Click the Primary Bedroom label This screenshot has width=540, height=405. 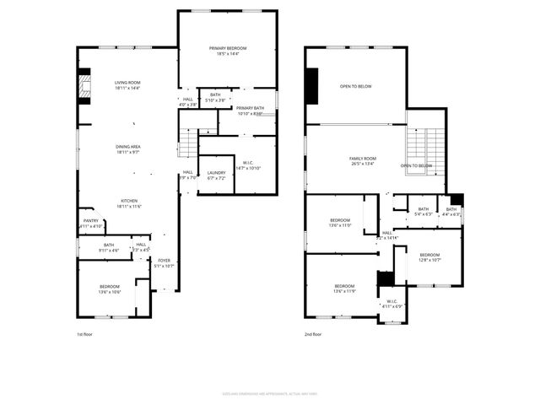click(227, 51)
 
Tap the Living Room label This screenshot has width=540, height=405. click(128, 84)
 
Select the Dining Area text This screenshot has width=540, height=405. click(128, 149)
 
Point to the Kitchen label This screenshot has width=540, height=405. click(128, 203)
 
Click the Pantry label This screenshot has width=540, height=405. click(91, 224)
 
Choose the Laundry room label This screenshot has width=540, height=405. click(216, 175)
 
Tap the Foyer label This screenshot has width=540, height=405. click(165, 263)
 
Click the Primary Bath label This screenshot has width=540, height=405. click(250, 110)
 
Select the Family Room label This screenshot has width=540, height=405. click(363, 161)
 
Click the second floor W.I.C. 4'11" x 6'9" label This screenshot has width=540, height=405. click(391, 303)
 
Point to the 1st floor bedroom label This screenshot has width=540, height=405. click(109, 289)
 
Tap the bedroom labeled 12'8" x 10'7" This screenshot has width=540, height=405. click(429, 257)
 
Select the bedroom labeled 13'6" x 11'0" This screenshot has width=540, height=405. click(345, 223)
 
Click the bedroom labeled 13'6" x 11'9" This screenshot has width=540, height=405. click(345, 289)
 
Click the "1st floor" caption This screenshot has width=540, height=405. click(85, 334)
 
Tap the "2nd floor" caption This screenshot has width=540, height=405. click(314, 334)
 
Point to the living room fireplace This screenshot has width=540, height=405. click(83, 87)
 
